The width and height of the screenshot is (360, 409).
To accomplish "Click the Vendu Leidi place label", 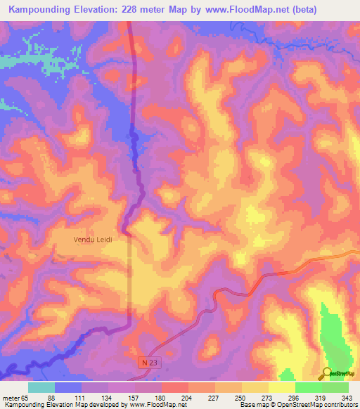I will [94, 239].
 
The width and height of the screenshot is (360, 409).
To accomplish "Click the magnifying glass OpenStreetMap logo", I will [328, 373].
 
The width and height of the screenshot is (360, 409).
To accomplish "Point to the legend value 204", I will [166, 398].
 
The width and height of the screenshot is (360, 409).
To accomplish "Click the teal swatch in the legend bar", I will [41, 387].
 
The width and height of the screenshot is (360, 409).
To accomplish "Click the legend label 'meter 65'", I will [15, 398].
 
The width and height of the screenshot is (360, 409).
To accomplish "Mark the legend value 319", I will [321, 398].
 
